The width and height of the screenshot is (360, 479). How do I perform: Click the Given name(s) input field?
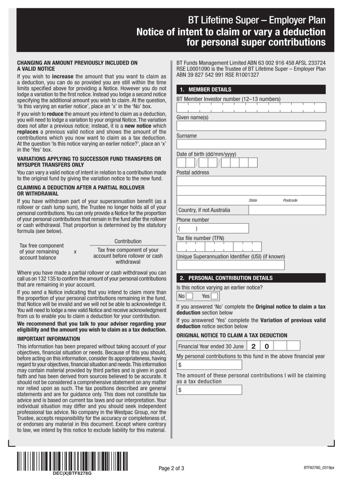(251, 126)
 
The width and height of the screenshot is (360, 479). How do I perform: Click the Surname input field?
(251, 145)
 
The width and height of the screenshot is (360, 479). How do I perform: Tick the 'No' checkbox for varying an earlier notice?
(189, 296)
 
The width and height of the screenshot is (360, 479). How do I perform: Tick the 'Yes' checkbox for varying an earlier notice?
(214, 296)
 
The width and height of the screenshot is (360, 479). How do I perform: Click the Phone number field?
(213, 228)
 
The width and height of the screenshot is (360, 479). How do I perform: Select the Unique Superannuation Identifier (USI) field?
(230, 265)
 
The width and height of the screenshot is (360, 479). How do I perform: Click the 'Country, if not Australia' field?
(251, 210)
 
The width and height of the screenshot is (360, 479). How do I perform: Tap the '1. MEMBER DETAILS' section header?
(251, 89)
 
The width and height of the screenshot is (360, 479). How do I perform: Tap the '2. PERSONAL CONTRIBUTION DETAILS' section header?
(251, 278)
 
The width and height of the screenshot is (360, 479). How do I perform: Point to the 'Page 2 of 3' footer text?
(172, 468)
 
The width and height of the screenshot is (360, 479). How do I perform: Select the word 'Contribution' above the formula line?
(128, 241)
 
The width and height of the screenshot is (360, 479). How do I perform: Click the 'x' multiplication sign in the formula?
(75, 252)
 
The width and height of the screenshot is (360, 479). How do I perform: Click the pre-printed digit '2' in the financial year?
(253, 346)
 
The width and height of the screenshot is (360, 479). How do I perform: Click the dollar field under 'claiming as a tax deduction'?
(209, 390)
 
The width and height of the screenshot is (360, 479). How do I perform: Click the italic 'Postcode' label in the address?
(290, 200)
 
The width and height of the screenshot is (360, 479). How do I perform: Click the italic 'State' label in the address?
(253, 200)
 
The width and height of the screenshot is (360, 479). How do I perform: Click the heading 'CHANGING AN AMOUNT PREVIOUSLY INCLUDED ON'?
(78, 62)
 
